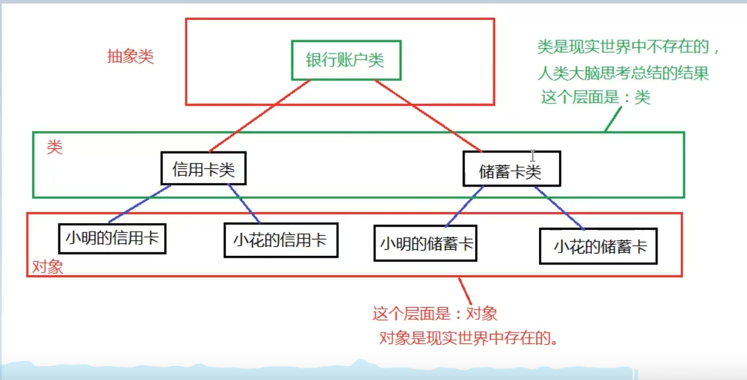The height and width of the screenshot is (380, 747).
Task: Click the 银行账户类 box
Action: [346, 60]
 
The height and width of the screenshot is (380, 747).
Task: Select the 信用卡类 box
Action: [204, 168]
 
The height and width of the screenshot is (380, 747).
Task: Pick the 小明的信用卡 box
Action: [113, 238]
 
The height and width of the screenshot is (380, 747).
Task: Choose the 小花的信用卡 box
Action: [280, 240]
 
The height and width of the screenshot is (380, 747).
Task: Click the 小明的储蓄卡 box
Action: [425, 243]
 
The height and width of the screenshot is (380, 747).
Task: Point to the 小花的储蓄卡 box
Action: [599, 246]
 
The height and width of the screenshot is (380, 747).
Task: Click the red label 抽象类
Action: [130, 57]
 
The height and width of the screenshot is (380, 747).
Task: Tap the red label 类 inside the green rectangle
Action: [55, 147]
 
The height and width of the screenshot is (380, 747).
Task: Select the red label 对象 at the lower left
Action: [47, 267]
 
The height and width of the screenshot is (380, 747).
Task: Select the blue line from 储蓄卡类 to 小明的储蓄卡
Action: [464, 206]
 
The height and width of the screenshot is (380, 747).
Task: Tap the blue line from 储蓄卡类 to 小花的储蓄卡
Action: [560, 208]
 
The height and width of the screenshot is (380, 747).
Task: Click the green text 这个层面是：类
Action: [596, 97]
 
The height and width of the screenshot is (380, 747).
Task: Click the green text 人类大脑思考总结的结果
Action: [623, 74]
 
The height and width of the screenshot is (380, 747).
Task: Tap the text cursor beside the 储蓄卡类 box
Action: [532, 155]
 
